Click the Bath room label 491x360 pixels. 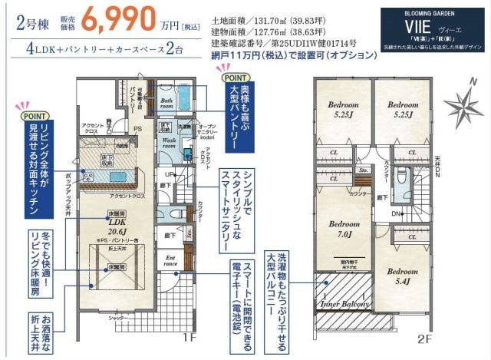[166, 104]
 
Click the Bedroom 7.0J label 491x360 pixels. [344, 228]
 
